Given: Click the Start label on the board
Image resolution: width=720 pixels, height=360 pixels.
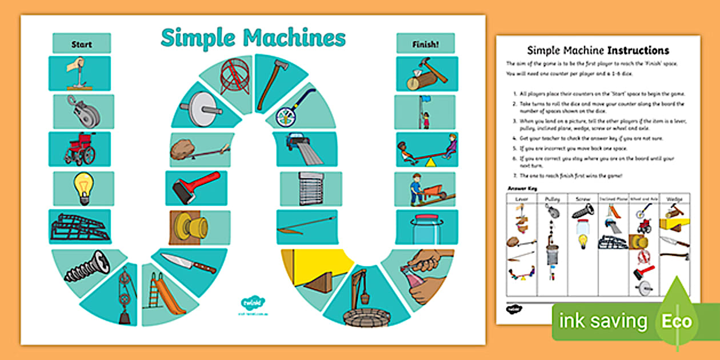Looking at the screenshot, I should [82, 43].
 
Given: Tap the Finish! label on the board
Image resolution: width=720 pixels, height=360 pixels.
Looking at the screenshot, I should [425, 43].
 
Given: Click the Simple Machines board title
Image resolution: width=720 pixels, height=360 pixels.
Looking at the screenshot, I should [253, 38].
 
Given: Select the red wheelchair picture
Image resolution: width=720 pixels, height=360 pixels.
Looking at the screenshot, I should [79, 149].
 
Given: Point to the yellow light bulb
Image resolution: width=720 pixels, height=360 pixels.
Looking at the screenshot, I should [83, 187].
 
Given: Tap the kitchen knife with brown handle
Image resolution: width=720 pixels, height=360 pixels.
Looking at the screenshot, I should [188, 263].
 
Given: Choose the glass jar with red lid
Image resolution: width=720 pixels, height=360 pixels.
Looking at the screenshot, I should [426, 229].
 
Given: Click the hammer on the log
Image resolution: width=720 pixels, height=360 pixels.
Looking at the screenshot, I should [426, 74].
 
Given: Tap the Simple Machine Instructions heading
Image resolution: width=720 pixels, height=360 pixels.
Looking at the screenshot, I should [598, 50].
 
